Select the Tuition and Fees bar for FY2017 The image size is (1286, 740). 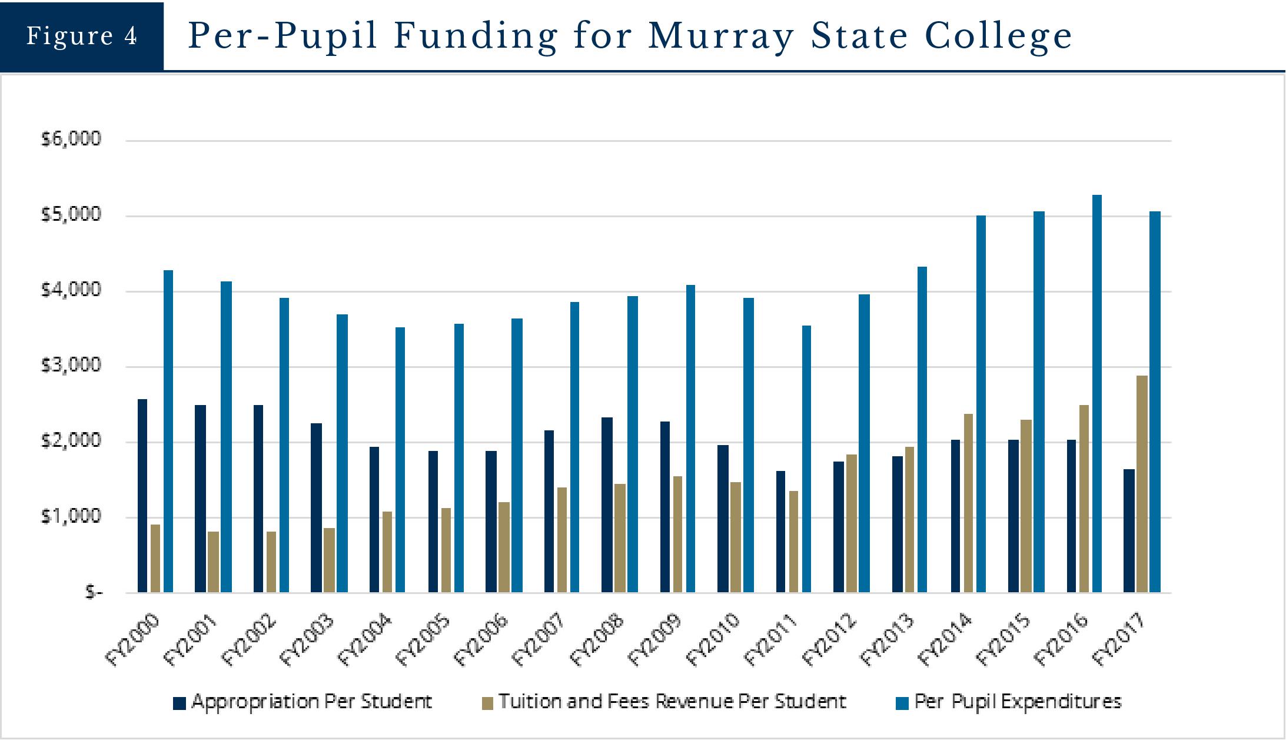pyautogui.click(x=1142, y=483)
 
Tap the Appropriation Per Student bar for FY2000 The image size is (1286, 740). pyautogui.click(x=142, y=495)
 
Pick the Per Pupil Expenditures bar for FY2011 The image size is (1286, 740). pyautogui.click(x=806, y=459)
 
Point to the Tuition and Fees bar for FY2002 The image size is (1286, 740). pyautogui.click(x=271, y=562)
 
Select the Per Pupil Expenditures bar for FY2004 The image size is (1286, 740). pyautogui.click(x=400, y=459)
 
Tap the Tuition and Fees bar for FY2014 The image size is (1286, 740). pyautogui.click(x=968, y=503)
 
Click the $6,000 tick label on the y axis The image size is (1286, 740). pyautogui.click(x=71, y=139)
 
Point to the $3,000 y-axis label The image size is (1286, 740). pyautogui.click(x=71, y=366)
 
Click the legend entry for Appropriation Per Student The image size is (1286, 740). pyautogui.click(x=311, y=702)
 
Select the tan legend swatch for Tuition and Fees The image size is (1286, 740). pyautogui.click(x=487, y=703)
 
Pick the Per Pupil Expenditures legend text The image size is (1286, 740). pyautogui.click(x=1018, y=702)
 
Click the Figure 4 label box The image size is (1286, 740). pyautogui.click(x=82, y=36)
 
